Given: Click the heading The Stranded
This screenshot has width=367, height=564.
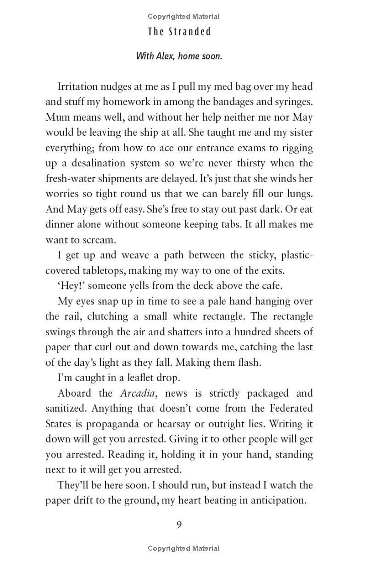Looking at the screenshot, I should [179, 32].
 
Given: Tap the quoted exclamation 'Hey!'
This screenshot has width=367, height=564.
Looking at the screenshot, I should [71, 286].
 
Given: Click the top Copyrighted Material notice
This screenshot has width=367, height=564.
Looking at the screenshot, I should [183, 17].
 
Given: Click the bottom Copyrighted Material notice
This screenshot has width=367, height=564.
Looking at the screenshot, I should [183, 548].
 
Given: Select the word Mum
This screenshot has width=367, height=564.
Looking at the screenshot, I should [57, 117].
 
